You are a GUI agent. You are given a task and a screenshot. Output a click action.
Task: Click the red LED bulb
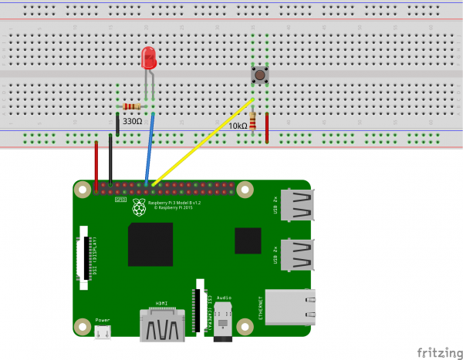148,58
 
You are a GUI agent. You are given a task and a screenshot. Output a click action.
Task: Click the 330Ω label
133,121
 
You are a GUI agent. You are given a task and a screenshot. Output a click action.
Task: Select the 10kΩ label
238,125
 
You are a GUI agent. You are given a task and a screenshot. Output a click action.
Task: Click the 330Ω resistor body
132,106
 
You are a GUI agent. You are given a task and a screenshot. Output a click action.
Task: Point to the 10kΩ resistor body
253,120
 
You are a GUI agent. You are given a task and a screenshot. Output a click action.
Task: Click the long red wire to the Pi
96,163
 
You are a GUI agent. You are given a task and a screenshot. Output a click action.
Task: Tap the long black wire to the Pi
111,158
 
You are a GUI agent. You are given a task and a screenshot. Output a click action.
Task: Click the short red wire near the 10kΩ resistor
267,127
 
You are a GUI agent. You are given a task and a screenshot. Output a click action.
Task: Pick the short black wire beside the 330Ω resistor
117,123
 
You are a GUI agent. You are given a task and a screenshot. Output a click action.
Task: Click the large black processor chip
150,244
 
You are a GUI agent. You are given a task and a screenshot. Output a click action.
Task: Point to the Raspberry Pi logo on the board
139,206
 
